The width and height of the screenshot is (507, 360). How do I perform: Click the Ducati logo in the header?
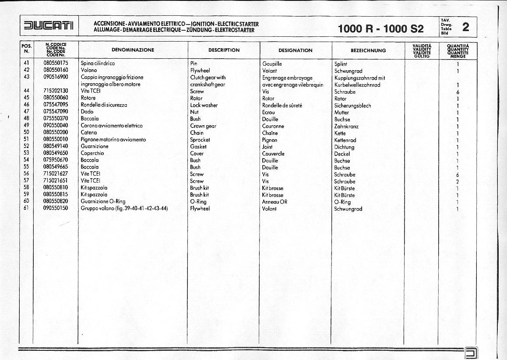[x=49, y=26]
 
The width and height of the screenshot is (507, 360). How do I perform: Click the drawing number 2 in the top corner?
[x=465, y=27]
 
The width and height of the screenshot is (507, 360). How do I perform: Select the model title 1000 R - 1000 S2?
[x=381, y=29]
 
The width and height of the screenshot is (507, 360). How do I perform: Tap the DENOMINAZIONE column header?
[x=133, y=50]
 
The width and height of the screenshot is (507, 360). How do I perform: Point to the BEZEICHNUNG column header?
[x=368, y=50]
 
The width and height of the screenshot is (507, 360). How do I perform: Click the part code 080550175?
[x=56, y=63]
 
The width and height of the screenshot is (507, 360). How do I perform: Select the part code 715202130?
[x=56, y=91]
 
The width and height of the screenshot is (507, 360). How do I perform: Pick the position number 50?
[x=26, y=132]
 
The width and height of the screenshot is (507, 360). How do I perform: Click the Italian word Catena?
[x=89, y=132]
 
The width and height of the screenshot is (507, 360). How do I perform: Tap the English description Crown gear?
[x=203, y=126]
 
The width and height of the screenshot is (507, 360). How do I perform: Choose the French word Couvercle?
[x=273, y=154]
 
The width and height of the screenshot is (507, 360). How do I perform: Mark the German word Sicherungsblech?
[x=352, y=106]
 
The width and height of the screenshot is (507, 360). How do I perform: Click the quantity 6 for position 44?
[x=458, y=92]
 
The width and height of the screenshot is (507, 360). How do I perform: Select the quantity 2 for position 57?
[x=458, y=181]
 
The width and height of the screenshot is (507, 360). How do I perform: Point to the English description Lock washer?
[x=204, y=105]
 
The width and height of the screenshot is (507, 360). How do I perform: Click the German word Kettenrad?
[x=345, y=140]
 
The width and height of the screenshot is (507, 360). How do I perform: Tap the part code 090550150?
[x=56, y=208]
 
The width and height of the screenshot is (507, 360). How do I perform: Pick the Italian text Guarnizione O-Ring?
[x=103, y=201]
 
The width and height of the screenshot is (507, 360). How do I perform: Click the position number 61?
[x=26, y=208]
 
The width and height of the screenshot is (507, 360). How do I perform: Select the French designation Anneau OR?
[x=275, y=202]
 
